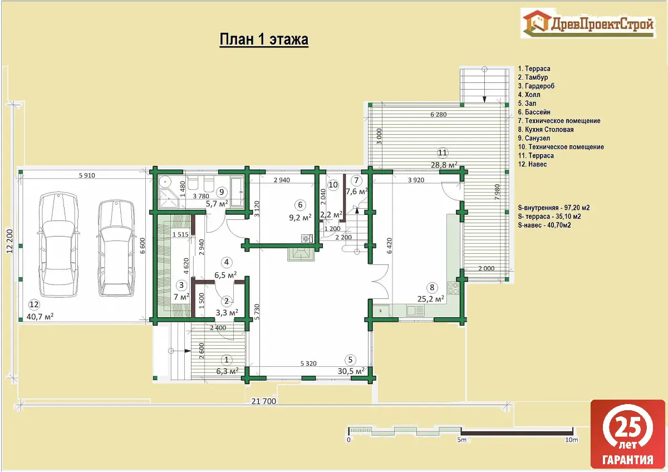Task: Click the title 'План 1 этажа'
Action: pyautogui.click(x=264, y=40)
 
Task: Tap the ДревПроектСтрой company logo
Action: pyautogui.click(x=588, y=23)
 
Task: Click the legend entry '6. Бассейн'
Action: pyautogui.click(x=534, y=112)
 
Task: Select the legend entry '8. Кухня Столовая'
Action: pyautogui.click(x=546, y=129)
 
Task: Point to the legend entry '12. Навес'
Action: pyautogui.click(x=532, y=164)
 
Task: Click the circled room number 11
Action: pyautogui.click(x=442, y=153)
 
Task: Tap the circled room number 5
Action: pyautogui.click(x=350, y=360)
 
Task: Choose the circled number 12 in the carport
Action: pyautogui.click(x=34, y=304)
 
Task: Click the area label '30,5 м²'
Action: pyautogui.click(x=351, y=371)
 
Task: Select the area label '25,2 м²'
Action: pyautogui.click(x=431, y=298)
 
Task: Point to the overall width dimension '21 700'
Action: pyautogui.click(x=264, y=401)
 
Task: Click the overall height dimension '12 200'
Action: pyautogui.click(x=9, y=241)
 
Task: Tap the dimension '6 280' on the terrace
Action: pyautogui.click(x=439, y=114)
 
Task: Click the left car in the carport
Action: pyautogui.click(x=58, y=244)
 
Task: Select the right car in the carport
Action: pyautogui.click(x=116, y=248)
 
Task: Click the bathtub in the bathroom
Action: pyautogui.click(x=237, y=191)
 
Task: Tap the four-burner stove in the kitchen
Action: pyautogui.click(x=453, y=288)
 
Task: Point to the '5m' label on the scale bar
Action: pyautogui.click(x=461, y=440)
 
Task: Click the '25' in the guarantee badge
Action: pyautogui.click(x=628, y=427)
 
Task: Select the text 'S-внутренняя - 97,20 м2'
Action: pyautogui.click(x=554, y=208)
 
